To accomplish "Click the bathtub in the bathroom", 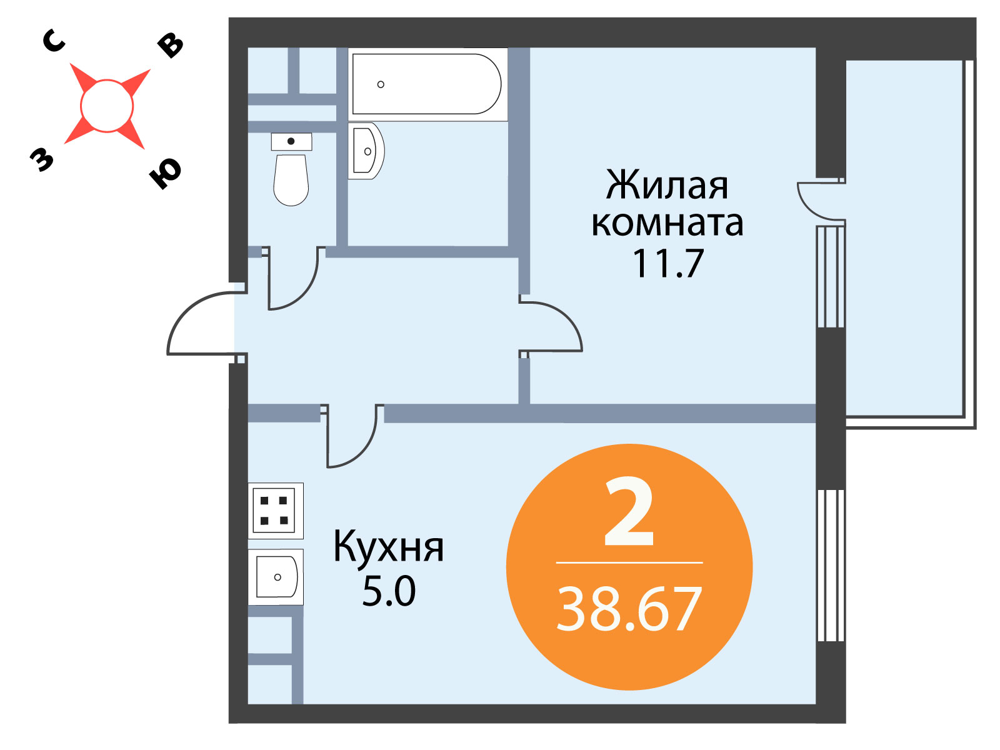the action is click(427, 84).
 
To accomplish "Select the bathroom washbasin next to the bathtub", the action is click(366, 151).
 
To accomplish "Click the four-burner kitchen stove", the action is click(276, 511).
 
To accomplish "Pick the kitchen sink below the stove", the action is click(276, 577).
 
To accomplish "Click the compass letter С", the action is click(54, 41).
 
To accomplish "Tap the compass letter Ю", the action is click(165, 173).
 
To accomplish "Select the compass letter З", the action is click(41, 159).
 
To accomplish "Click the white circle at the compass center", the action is click(107, 106).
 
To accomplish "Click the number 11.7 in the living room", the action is click(668, 263).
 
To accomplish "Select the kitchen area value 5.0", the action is click(389, 591).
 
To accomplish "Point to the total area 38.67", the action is click(629, 608).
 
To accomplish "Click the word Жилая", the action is click(667, 185).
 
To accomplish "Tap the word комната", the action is click(667, 224).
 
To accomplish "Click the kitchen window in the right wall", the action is click(831, 565).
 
